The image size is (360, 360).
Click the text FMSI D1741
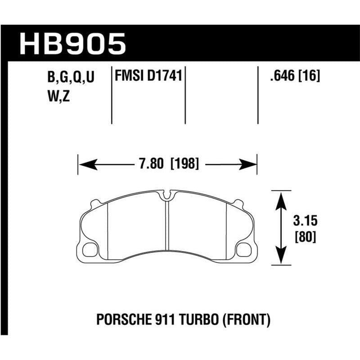pos(148,76)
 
